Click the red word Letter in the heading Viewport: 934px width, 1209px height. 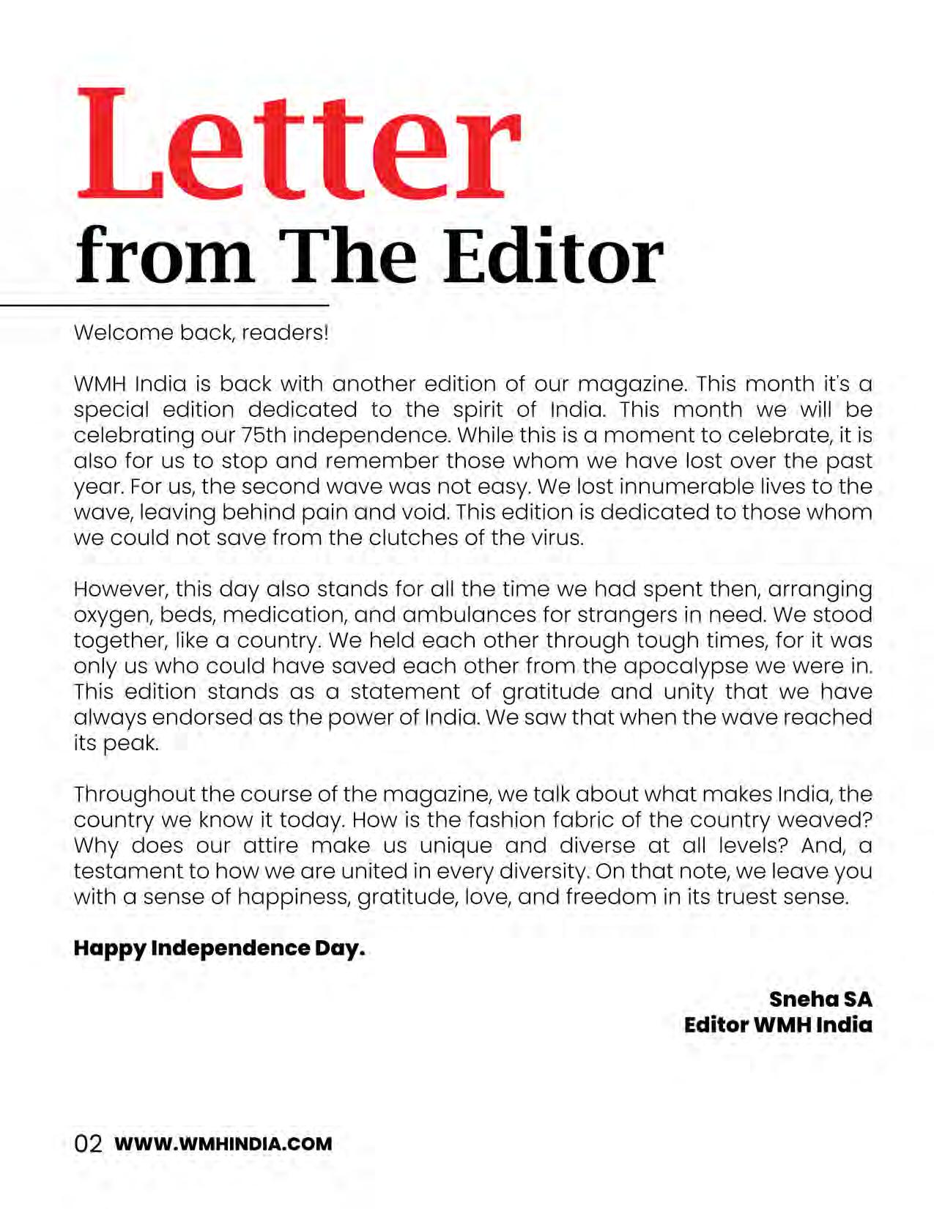pos(298,144)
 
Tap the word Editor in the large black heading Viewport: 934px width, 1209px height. pos(553,256)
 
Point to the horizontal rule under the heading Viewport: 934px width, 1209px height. pos(164,303)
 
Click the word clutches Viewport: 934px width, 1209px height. pos(413,538)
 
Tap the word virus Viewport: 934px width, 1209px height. pos(556,538)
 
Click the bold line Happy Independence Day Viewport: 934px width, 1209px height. pos(219,948)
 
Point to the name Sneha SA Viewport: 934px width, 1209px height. pos(820,999)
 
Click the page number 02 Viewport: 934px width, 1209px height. pos(89,1144)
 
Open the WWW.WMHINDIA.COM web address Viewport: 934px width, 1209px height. pos(223,1144)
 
